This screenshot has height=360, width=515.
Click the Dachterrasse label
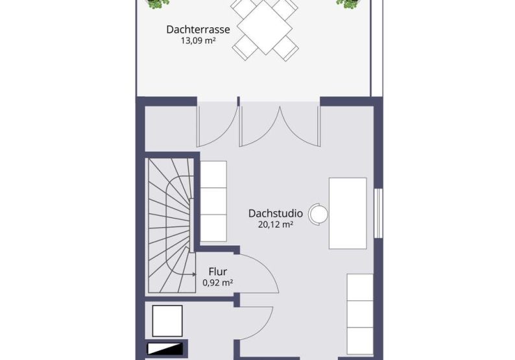pos(198,29)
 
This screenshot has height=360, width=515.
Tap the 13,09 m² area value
pos(198,40)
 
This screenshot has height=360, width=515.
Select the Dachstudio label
pos(276,213)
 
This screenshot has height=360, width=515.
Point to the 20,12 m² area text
pos(276,224)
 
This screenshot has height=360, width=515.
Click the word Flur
pos(218,272)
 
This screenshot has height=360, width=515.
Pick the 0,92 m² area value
pos(218,282)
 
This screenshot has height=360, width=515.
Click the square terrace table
pos(265,27)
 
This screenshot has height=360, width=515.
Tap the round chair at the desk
pos(318,214)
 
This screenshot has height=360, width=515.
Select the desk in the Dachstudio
pos(348,213)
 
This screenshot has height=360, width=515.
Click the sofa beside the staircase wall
pos(213,201)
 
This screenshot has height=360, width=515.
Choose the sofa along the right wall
pos(360,315)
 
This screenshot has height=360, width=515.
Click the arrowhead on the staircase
pos(194,274)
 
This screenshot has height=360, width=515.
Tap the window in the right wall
pos(378,213)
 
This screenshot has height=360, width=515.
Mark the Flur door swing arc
pos(267,267)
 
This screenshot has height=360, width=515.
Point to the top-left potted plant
pos(158,4)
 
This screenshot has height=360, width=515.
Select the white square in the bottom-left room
pos(167,321)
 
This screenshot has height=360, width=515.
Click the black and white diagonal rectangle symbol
pos(165,349)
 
